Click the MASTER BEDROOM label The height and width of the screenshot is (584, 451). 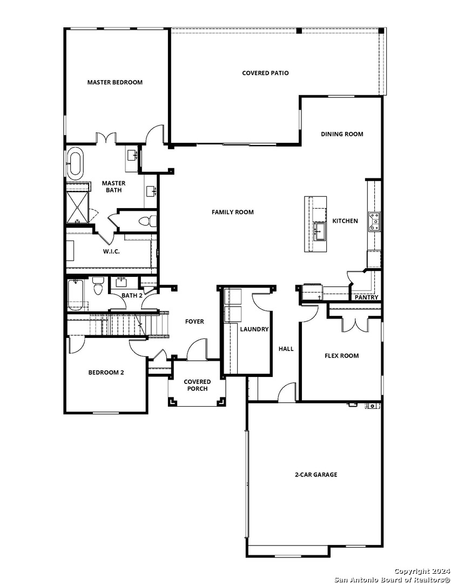point(115,82)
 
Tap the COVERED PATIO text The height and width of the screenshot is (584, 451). point(265,73)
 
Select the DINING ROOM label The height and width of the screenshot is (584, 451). point(342,134)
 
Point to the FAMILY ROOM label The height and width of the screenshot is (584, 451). point(232,213)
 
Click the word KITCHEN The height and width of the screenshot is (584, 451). point(345,221)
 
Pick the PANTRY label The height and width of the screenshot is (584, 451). point(366,297)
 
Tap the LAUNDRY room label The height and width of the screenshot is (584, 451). point(254,329)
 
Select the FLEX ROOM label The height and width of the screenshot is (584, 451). point(341,356)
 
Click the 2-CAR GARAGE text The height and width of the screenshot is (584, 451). point(316,475)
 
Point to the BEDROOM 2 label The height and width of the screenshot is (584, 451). point(106,372)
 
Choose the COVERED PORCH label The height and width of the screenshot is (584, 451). point(197,385)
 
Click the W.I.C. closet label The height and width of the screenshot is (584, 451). point(111,251)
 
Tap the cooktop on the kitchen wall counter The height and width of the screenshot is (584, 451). point(374,221)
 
